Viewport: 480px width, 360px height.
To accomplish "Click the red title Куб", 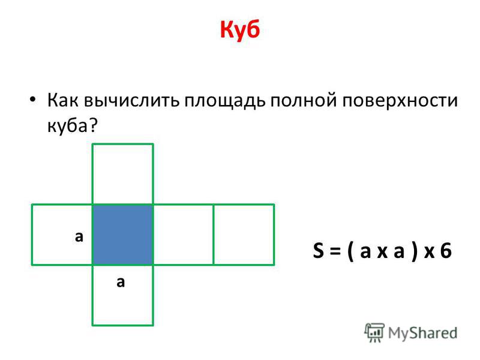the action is (x=240, y=29).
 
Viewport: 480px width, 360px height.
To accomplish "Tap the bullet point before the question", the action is (x=33, y=100).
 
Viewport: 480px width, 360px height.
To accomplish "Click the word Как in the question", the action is (x=62, y=100).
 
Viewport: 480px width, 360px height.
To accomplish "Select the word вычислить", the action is (x=131, y=100).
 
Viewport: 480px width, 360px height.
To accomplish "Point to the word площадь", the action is (x=224, y=101).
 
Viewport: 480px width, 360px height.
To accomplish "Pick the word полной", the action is (x=304, y=100).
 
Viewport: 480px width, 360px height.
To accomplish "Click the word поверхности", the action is (x=400, y=101).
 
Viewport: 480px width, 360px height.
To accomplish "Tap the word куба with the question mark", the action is (x=72, y=125).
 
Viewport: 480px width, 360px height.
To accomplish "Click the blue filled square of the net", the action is (x=123, y=235).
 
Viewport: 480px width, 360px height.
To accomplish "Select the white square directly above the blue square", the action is (x=123, y=174).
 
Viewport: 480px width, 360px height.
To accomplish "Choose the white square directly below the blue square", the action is (x=123, y=295).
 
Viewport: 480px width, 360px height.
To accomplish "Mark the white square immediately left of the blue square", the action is (x=62, y=235).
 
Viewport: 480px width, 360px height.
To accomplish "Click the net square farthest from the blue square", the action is (x=244, y=235).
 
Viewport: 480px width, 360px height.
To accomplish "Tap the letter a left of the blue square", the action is (x=79, y=237).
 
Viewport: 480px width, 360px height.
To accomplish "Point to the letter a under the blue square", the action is (x=121, y=282).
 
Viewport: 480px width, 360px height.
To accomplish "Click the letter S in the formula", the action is (x=319, y=250).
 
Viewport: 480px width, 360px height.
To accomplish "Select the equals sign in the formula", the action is (x=335, y=251).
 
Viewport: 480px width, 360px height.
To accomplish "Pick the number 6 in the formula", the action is (x=446, y=250).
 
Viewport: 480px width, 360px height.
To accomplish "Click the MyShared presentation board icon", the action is (x=374, y=332).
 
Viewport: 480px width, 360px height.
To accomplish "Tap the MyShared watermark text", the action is (x=422, y=333).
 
